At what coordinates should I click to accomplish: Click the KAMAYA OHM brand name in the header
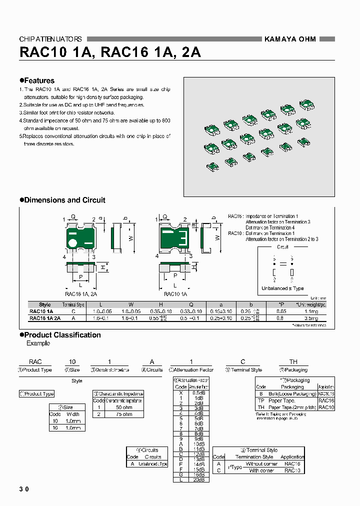click(x=289, y=39)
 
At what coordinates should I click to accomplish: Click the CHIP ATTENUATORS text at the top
click(x=50, y=39)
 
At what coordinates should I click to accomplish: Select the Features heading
click(x=37, y=80)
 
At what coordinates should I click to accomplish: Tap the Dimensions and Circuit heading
click(x=62, y=200)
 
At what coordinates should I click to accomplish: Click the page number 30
click(x=24, y=489)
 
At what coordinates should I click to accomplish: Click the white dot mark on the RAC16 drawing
click(x=73, y=243)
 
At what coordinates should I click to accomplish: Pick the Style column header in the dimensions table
click(x=45, y=304)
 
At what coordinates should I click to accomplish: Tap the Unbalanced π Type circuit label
click(x=282, y=288)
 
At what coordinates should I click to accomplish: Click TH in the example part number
click(x=293, y=361)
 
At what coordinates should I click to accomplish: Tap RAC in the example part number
click(x=35, y=361)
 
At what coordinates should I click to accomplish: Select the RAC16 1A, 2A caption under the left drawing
click(x=80, y=294)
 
